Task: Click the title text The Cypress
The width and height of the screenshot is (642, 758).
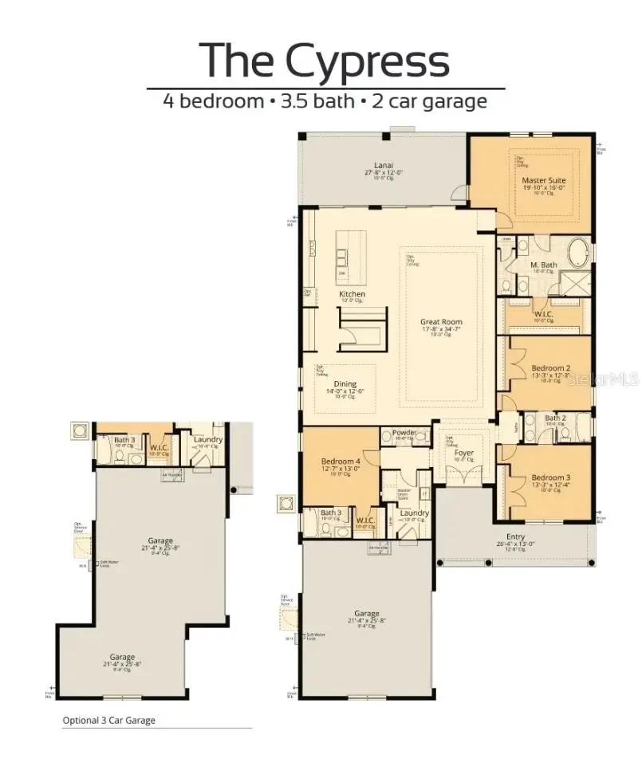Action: coord(324,61)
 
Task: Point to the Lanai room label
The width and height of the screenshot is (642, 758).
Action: coord(384,166)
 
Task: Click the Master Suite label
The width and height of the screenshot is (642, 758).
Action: coord(544,181)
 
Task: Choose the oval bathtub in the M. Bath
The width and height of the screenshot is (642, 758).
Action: coord(577,253)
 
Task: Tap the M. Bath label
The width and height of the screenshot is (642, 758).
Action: coord(543,265)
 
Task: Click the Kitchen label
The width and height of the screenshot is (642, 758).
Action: coord(352,294)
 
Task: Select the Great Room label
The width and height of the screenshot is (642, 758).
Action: coord(441,322)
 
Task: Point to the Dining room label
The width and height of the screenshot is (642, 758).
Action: coord(345,384)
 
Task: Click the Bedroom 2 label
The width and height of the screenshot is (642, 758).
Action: coord(550,368)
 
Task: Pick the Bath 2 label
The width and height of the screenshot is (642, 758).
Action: coord(556,418)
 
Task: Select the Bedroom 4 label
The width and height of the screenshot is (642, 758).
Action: coord(341,461)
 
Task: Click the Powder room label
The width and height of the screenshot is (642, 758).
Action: coord(403,433)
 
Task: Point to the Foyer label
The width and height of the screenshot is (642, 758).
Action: coord(464,453)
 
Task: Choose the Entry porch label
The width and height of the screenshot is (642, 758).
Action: coord(515,537)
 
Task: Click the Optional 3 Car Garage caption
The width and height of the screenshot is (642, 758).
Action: coord(109,721)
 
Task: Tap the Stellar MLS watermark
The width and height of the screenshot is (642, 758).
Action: coord(603,381)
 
